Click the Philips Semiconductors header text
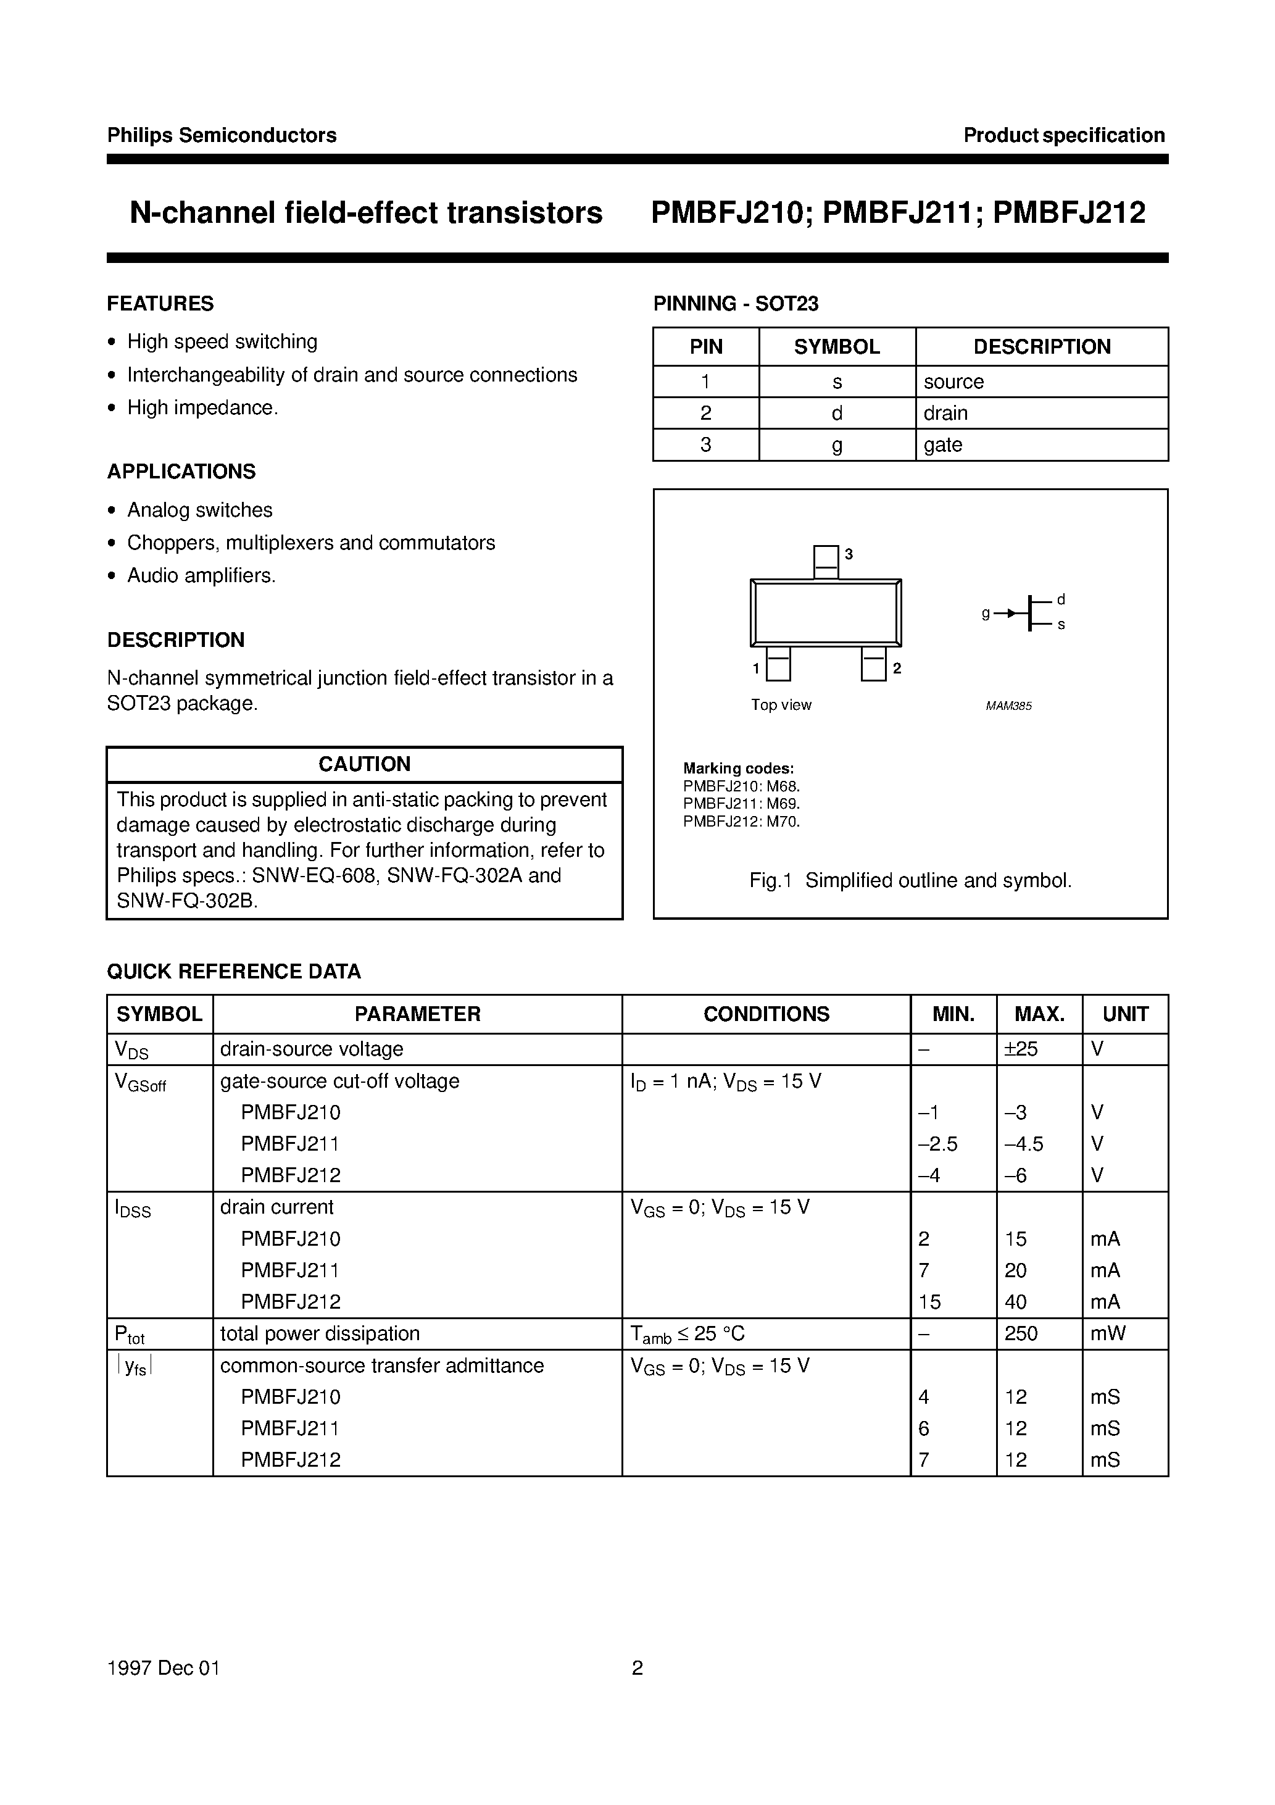click(222, 135)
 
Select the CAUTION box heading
click(364, 764)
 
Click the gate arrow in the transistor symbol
click(1011, 613)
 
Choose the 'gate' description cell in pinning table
click(942, 445)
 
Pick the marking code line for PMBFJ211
click(741, 804)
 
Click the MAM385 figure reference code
click(1008, 706)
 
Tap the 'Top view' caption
click(781, 705)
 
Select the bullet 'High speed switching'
click(222, 342)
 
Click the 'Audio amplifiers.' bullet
click(201, 575)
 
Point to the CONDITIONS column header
click(766, 1014)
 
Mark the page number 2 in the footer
click(637, 1668)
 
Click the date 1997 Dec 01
click(164, 1668)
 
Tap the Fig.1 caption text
click(910, 880)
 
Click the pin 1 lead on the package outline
click(778, 664)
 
